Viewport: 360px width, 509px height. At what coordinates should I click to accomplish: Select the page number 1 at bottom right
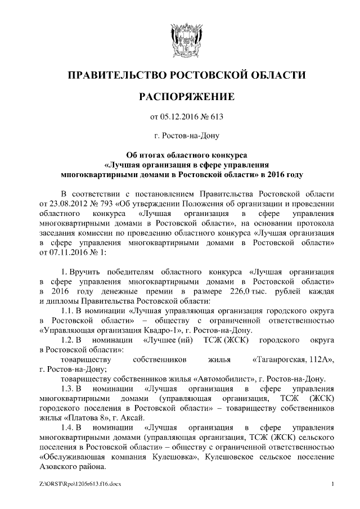tap(334, 484)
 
